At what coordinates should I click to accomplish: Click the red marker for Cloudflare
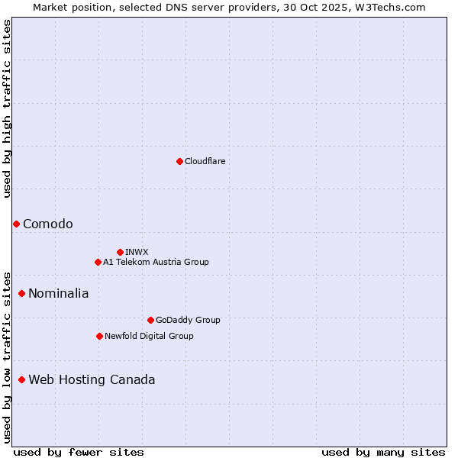(x=179, y=161)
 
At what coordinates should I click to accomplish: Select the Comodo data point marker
(x=16, y=224)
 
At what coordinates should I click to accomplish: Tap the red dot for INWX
(x=120, y=252)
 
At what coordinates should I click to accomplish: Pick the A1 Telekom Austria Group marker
(x=98, y=262)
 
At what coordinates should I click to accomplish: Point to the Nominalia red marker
(x=21, y=293)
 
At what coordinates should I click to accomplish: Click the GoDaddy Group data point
(x=150, y=320)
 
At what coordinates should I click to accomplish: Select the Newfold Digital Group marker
(x=99, y=336)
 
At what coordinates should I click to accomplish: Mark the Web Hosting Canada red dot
(x=21, y=379)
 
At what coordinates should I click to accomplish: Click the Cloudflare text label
(x=205, y=161)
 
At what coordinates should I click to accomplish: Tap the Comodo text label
(x=48, y=224)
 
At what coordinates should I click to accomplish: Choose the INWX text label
(x=137, y=252)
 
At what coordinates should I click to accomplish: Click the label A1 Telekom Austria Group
(x=156, y=262)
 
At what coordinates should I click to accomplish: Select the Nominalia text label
(x=59, y=293)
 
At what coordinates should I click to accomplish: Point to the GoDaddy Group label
(x=188, y=320)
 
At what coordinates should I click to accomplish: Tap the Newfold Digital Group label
(x=149, y=336)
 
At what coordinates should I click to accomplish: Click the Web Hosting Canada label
(x=92, y=379)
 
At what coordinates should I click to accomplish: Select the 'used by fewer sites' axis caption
(x=79, y=452)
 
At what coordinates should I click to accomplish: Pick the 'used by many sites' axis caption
(x=382, y=452)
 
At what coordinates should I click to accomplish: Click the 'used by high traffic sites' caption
(x=7, y=108)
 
